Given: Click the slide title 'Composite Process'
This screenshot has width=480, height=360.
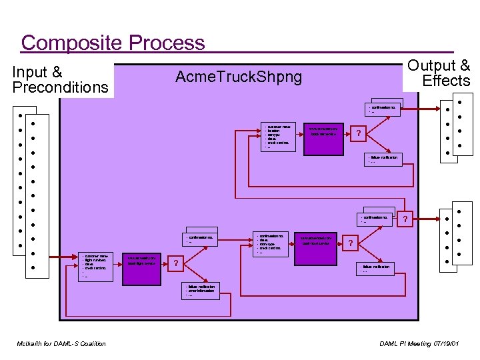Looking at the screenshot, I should click(113, 43).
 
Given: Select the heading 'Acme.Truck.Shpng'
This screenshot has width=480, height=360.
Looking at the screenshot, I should click(238, 77).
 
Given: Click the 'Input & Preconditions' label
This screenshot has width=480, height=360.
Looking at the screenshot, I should click(60, 80).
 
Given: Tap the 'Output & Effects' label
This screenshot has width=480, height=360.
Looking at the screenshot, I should click(439, 73).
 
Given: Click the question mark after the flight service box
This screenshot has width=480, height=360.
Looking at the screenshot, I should click(175, 263).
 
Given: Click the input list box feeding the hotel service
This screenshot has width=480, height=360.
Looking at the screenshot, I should click(273, 244).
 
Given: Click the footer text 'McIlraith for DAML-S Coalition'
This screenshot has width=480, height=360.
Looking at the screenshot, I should click(61, 343).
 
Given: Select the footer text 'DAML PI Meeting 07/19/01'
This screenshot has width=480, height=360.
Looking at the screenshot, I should click(419, 343).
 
